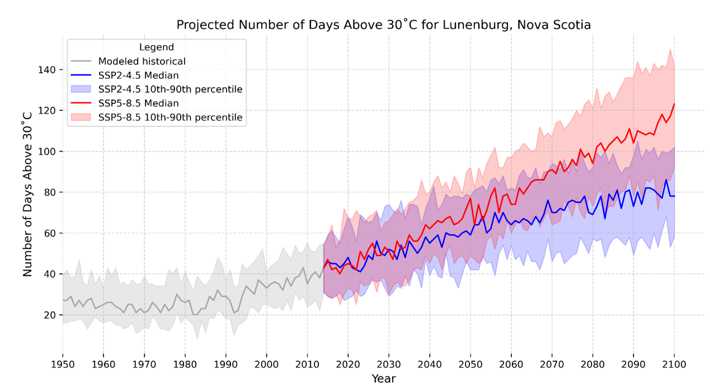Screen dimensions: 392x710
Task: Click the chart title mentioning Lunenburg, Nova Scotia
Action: pos(383,25)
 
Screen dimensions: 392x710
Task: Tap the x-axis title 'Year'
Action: pos(384,379)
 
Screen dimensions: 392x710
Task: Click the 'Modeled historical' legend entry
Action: pos(142,62)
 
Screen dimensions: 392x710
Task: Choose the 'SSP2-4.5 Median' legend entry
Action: pos(138,75)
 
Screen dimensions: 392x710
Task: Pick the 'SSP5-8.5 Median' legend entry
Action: pos(138,103)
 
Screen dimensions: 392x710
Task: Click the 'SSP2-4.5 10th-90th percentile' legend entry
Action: pos(170,89)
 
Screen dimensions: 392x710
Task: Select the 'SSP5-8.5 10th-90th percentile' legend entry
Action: pos(170,117)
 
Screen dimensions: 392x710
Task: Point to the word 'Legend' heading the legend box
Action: pos(157,48)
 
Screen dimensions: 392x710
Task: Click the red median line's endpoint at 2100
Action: pos(674,104)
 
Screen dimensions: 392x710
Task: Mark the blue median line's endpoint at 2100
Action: pos(674,196)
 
